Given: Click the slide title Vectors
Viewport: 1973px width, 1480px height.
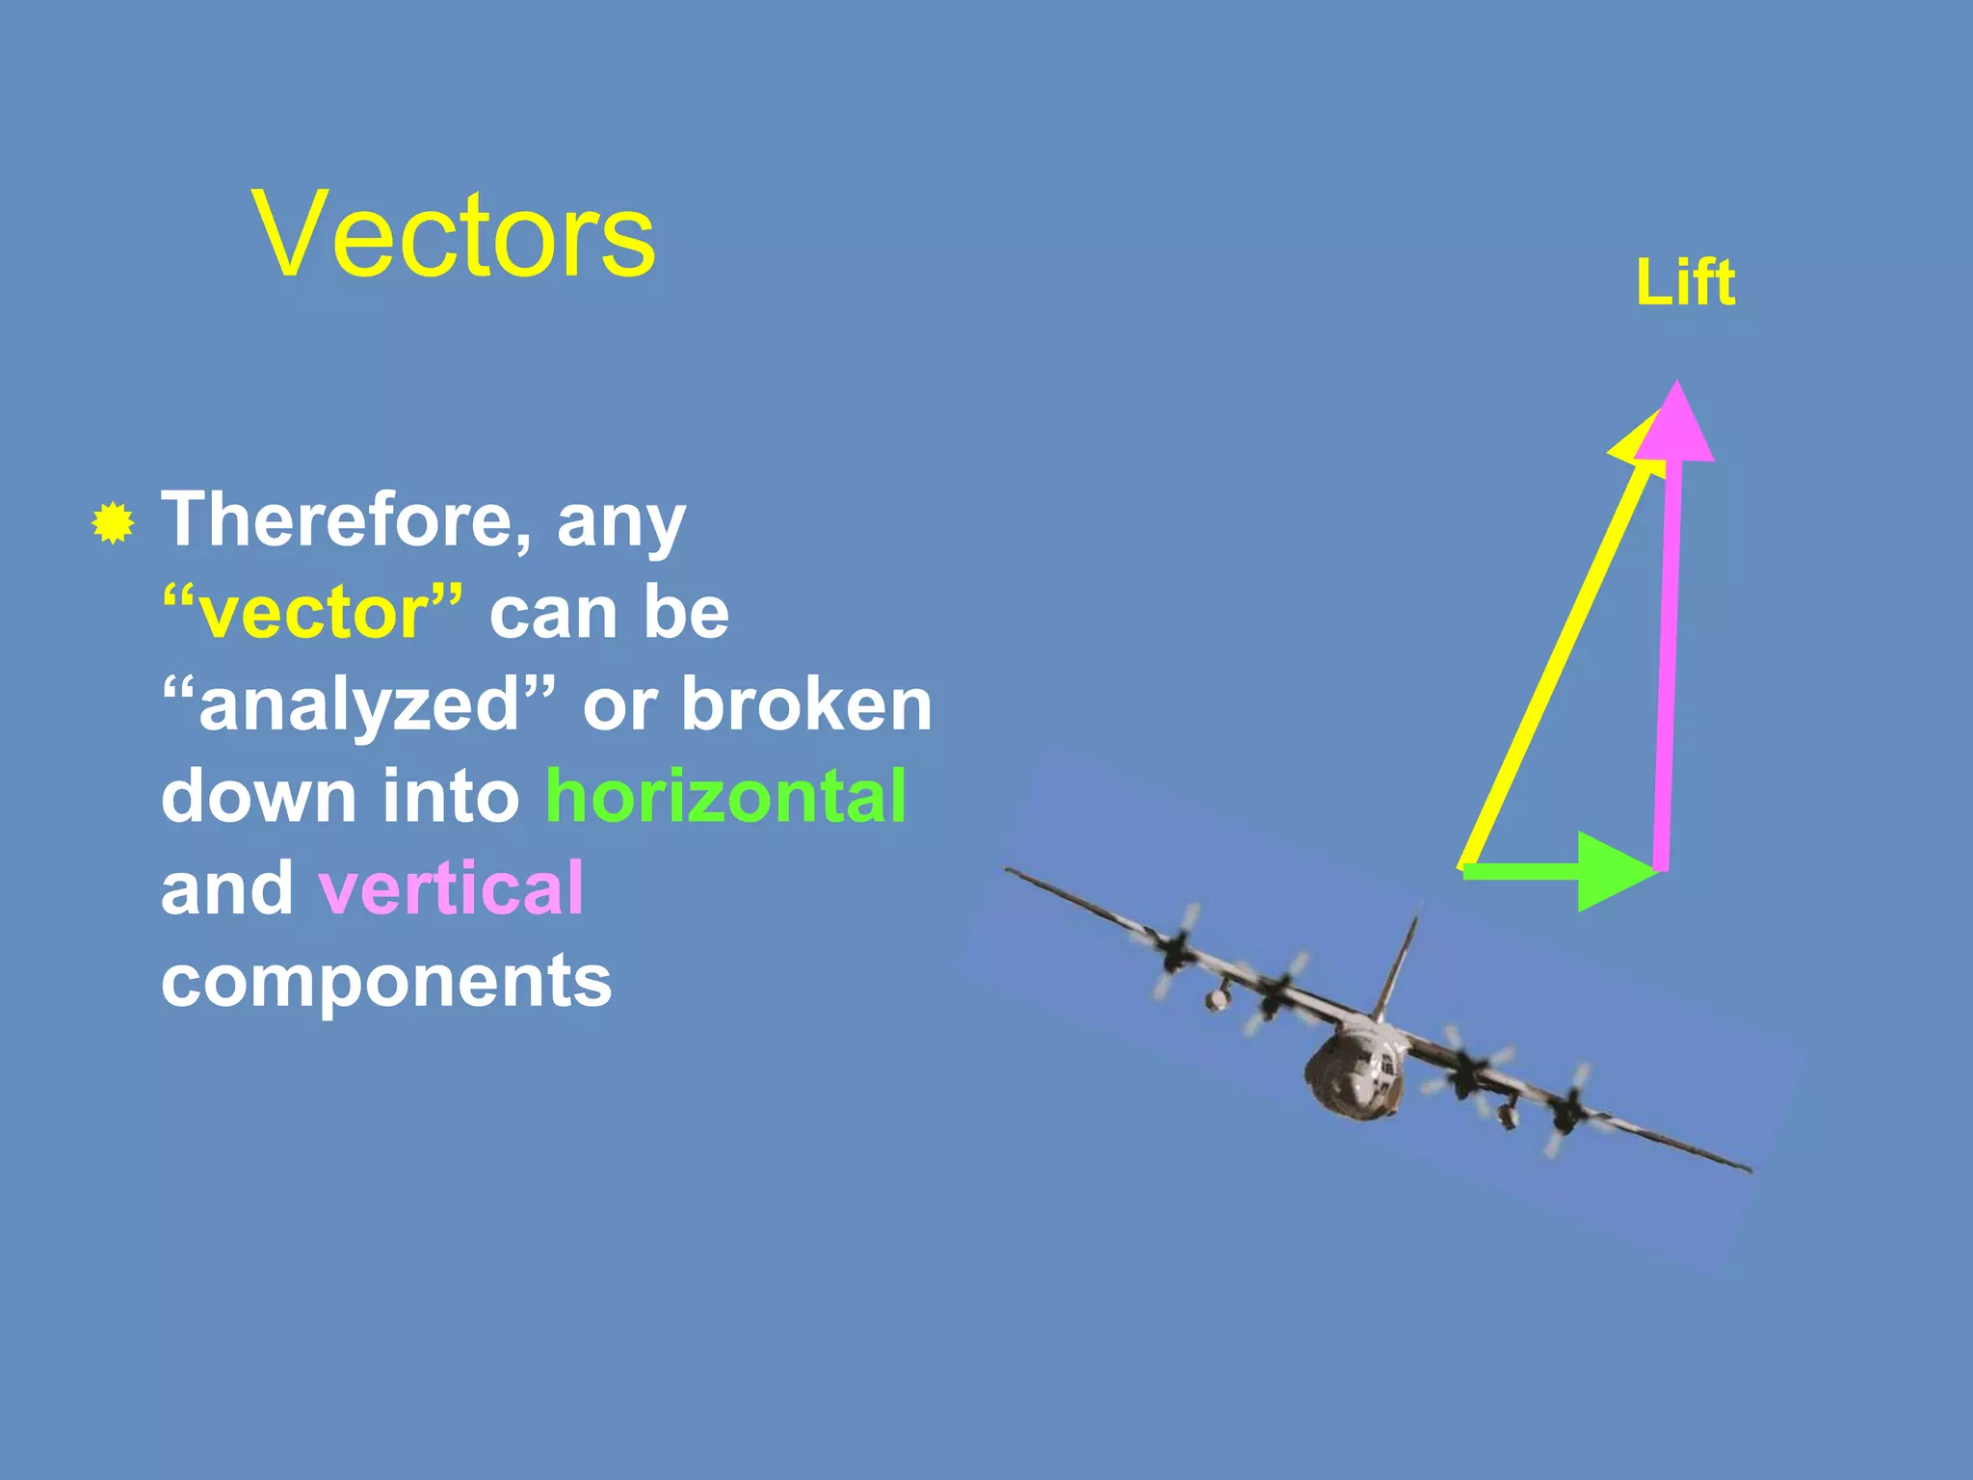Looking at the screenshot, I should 454,235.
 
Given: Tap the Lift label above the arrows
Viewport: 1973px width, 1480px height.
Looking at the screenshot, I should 1685,283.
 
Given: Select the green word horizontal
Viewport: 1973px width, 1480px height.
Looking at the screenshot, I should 725,796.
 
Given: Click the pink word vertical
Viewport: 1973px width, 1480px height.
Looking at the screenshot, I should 451,887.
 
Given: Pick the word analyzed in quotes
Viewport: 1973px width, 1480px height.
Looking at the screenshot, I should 359,704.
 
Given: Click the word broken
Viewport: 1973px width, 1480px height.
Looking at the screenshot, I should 806,704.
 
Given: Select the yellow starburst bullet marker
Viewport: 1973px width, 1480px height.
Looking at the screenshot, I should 113,523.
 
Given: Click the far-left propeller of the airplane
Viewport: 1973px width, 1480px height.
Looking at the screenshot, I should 1174,949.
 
